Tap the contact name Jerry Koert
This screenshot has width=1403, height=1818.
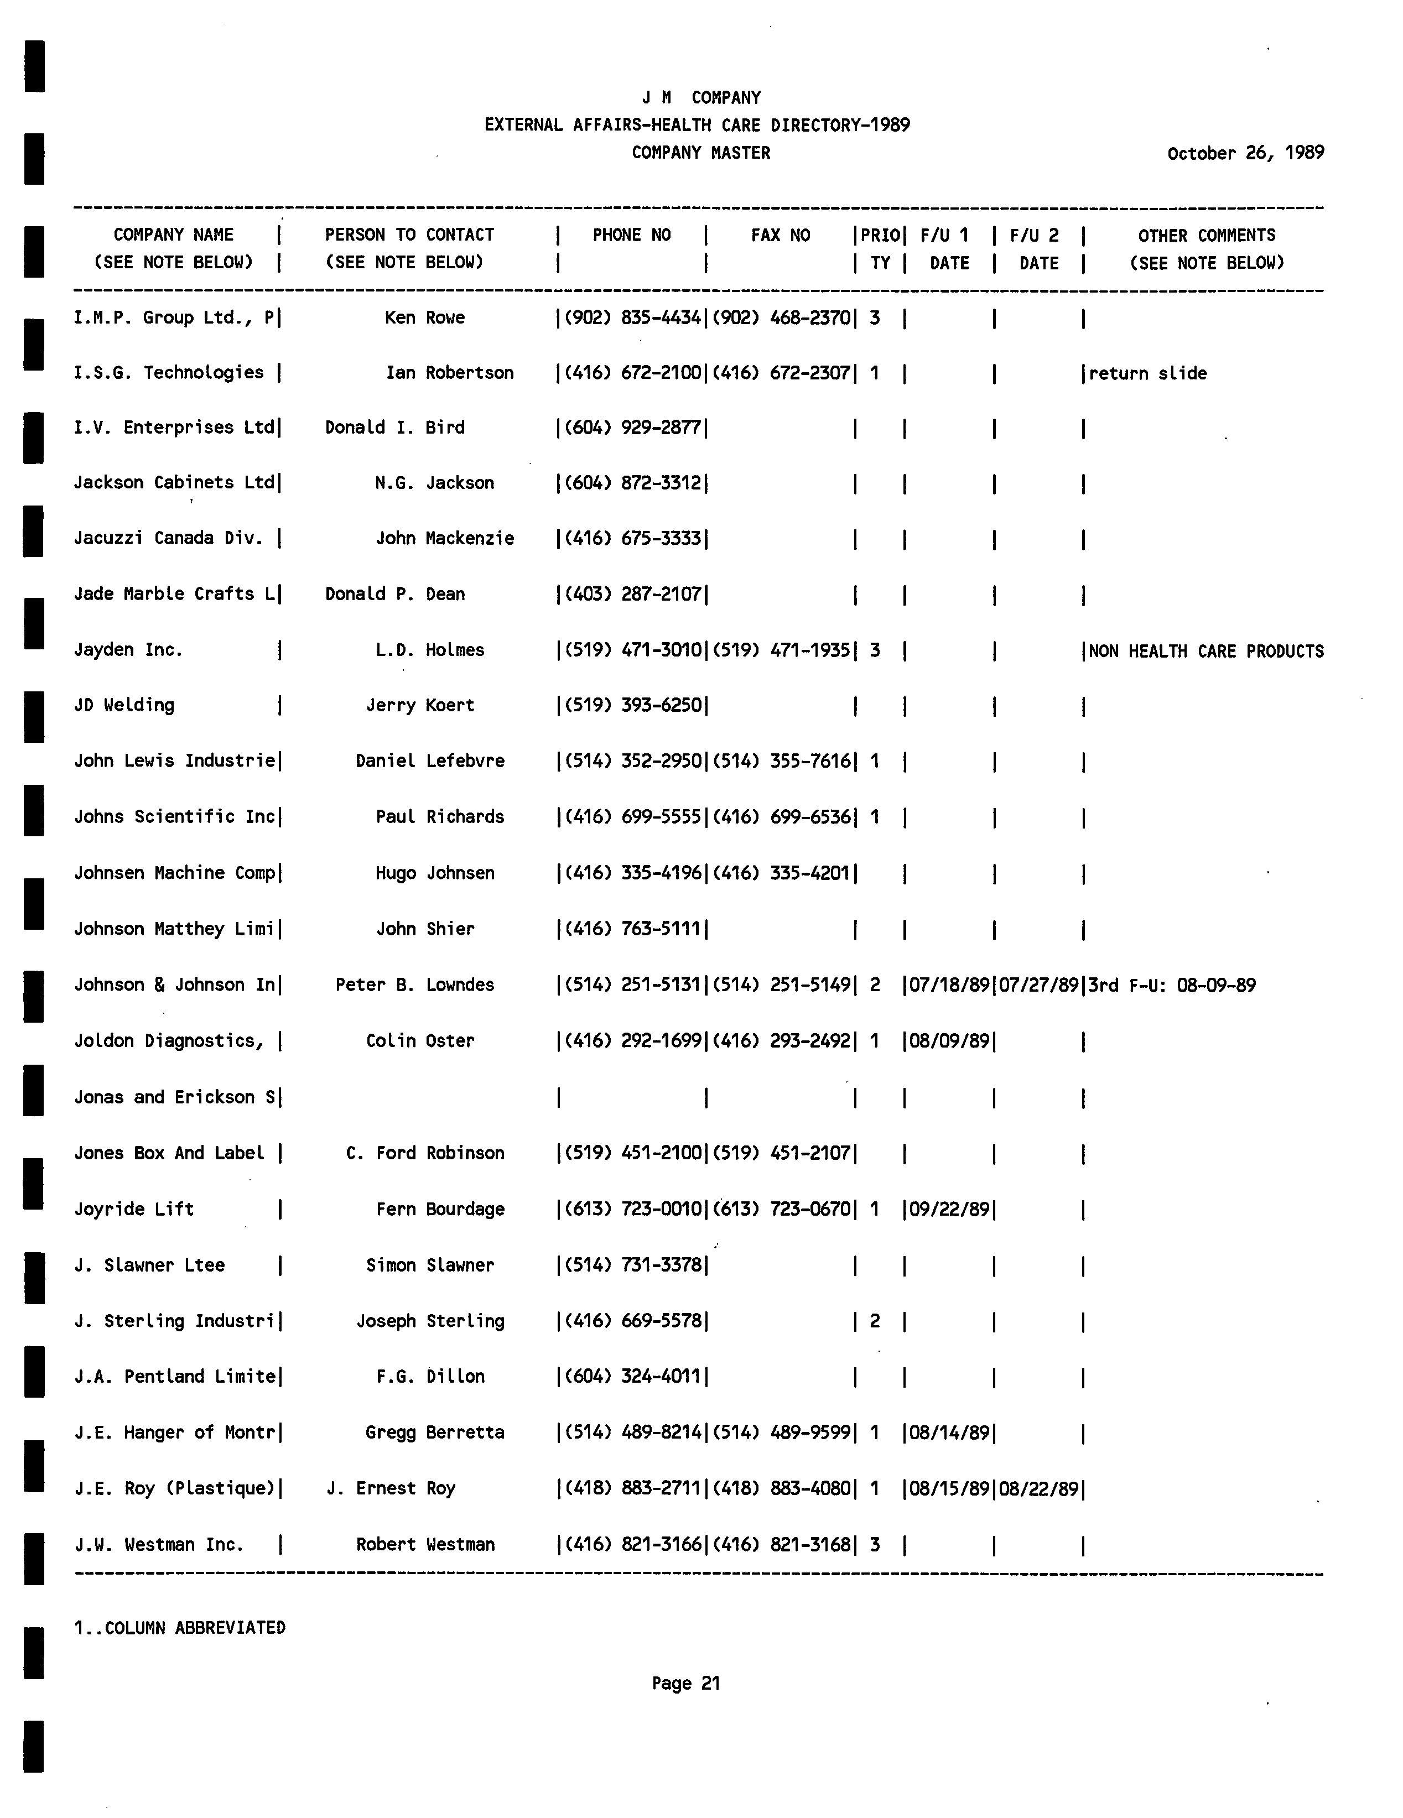tap(420, 706)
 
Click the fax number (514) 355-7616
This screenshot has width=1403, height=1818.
tap(782, 762)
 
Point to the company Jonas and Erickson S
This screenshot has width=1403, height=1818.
tap(175, 1098)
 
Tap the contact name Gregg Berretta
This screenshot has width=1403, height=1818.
tap(435, 1432)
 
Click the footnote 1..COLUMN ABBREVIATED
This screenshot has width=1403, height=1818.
tap(180, 1627)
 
